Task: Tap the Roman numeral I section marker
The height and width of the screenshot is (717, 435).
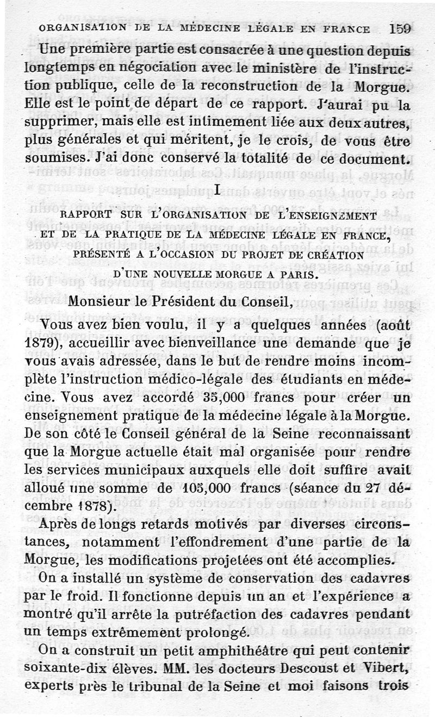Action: coord(217,190)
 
